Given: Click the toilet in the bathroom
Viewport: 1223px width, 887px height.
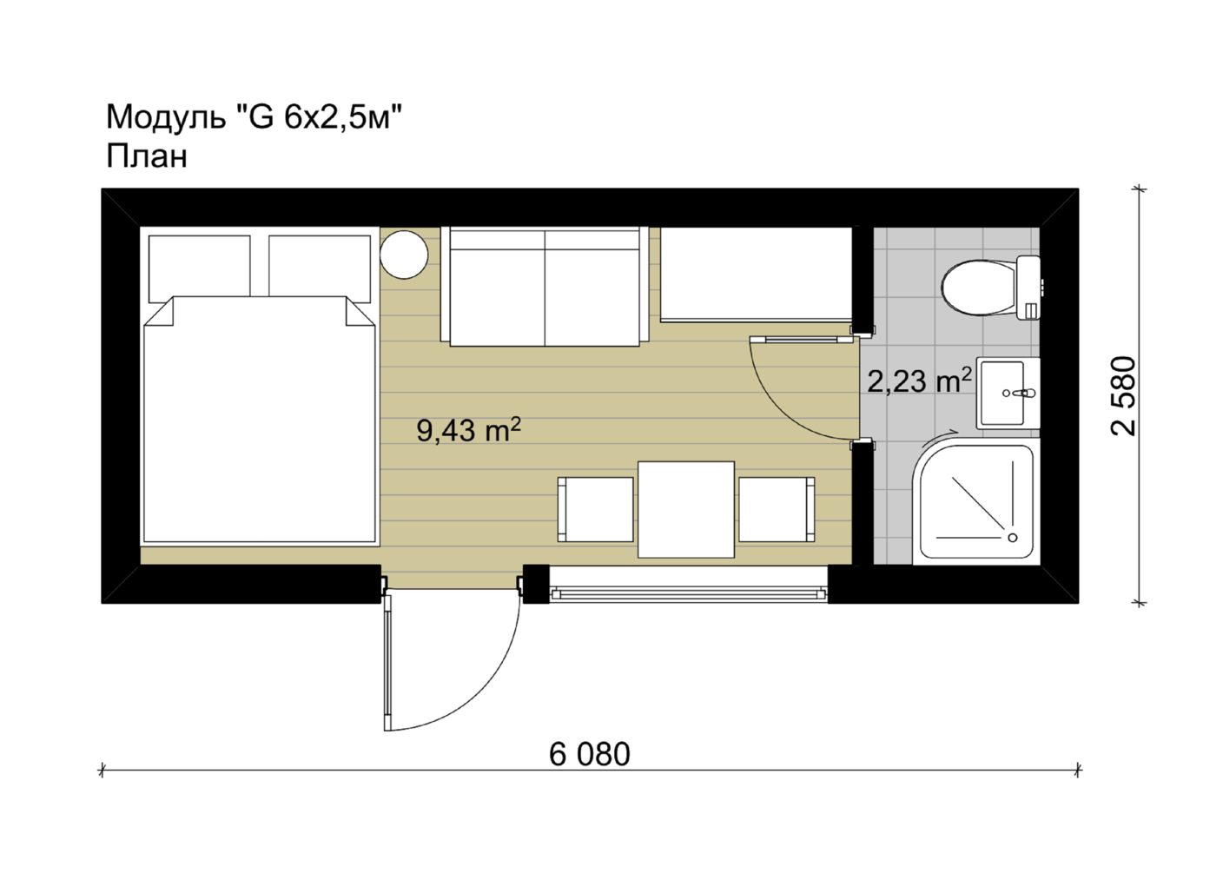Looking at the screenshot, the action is [989, 288].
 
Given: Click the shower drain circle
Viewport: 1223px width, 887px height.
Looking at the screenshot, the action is [1013, 538].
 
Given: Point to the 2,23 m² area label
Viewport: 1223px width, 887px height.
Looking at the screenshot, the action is [920, 381].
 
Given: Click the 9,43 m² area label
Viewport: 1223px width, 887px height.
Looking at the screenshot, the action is [468, 430].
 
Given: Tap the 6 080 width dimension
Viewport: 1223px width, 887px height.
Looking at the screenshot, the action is [589, 754].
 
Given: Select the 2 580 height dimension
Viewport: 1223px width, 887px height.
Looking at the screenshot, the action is [1123, 396].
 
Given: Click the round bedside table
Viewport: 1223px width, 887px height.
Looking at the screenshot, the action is [404, 255].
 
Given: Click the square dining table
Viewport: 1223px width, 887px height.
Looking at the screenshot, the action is [686, 510].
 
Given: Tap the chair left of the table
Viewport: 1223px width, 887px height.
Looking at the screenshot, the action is [596, 510].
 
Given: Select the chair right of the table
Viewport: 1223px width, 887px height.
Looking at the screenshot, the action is [777, 510].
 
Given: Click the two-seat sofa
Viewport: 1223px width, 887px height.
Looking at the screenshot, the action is [545, 287].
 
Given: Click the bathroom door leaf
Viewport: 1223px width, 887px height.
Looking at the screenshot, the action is [802, 340].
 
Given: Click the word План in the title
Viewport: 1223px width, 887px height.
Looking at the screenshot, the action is [147, 156].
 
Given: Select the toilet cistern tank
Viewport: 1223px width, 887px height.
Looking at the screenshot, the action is [1029, 288].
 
